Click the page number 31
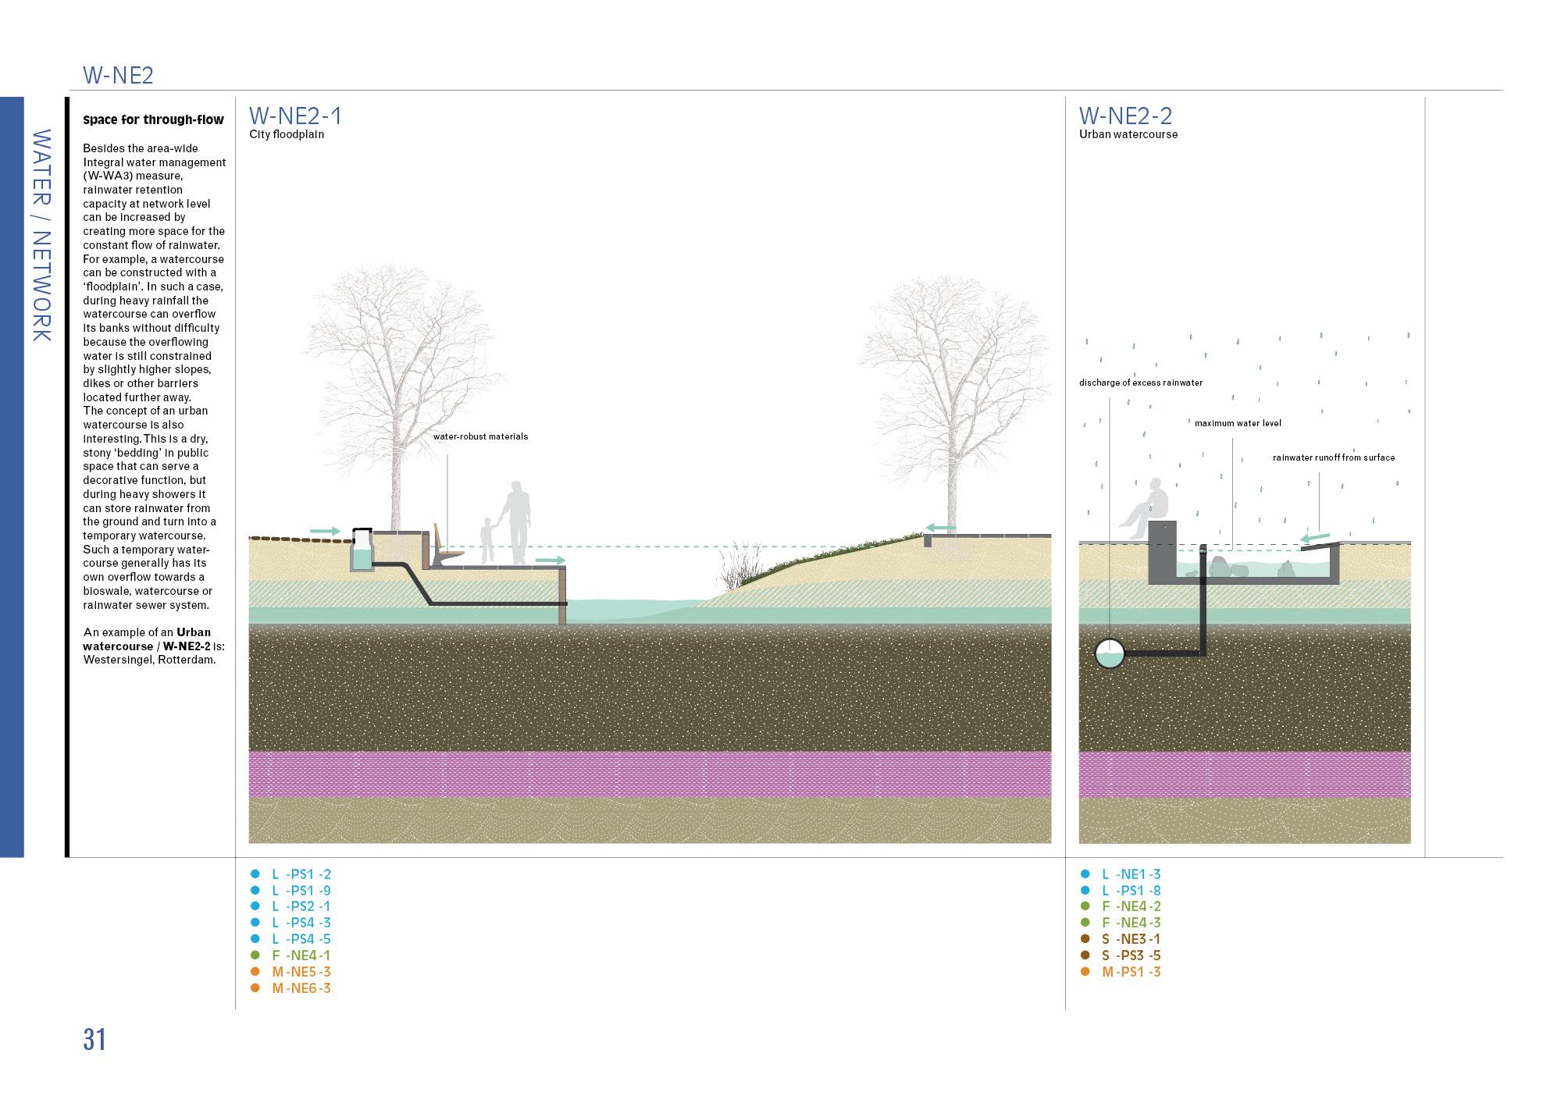click(94, 1040)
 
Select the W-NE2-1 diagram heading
click(295, 116)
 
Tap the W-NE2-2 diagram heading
click(1125, 116)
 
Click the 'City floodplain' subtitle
click(287, 134)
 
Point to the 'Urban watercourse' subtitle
click(1128, 134)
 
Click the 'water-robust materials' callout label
click(480, 436)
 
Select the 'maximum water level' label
click(1238, 423)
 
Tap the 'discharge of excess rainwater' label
click(1141, 383)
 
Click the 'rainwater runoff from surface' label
click(1334, 457)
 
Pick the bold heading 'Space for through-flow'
click(153, 120)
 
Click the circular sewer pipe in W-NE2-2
click(1109, 653)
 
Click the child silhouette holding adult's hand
click(487, 539)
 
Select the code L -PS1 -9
click(301, 891)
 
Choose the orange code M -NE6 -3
click(301, 988)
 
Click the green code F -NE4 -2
click(1131, 906)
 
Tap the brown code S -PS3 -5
click(1131, 956)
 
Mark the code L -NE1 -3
click(1131, 874)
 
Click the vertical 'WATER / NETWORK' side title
click(41, 235)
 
